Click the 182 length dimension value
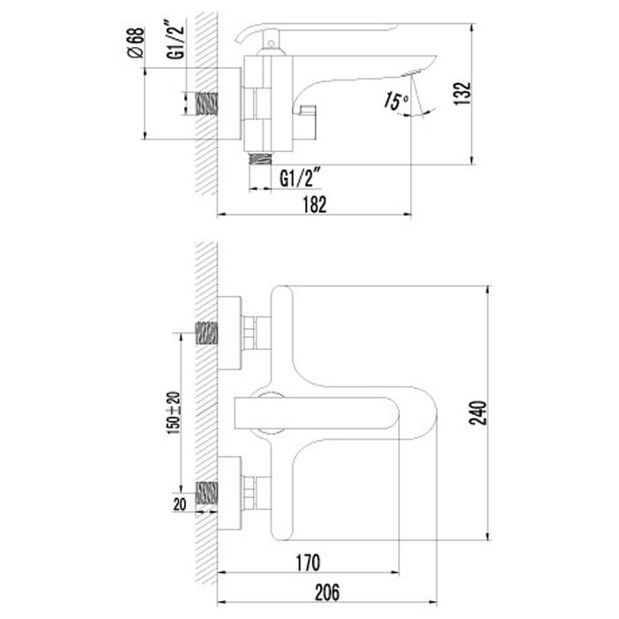click(315, 204)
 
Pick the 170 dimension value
click(308, 562)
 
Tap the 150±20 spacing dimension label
click(173, 412)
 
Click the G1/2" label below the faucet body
click(298, 178)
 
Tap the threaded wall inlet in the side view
click(206, 103)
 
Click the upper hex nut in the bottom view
click(256, 334)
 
